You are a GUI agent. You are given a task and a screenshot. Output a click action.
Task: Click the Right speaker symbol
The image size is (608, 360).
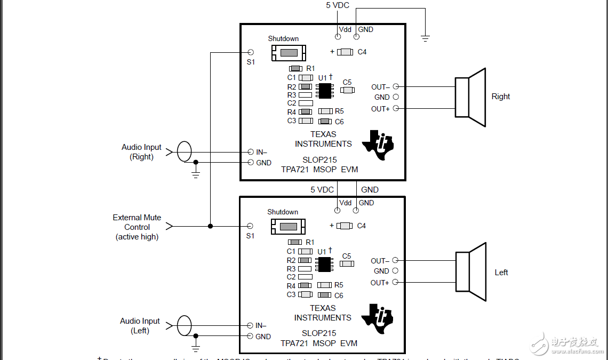coord(469,97)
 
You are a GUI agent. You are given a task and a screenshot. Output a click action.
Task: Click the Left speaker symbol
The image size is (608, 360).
coord(470,271)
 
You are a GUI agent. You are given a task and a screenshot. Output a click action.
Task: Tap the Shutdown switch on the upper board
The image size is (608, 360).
coord(289,52)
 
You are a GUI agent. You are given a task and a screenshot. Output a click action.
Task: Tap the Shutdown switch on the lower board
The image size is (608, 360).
coord(288,226)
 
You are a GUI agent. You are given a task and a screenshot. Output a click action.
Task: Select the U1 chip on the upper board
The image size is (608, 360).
coord(324,91)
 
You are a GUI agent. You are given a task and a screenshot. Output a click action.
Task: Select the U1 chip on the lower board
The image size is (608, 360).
coord(324,264)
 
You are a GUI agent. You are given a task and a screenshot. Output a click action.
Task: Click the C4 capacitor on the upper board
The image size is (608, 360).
coord(346,52)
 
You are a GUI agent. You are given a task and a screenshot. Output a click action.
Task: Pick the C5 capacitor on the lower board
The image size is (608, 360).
coord(347,263)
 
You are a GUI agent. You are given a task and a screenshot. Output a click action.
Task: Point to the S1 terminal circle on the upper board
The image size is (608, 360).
coord(251,52)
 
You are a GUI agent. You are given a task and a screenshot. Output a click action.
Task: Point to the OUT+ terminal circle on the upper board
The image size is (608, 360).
coord(396,109)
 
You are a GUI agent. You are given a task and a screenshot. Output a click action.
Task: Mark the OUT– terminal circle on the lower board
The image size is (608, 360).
coord(395,260)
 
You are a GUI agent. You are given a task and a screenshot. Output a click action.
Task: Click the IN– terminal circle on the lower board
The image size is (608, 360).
coord(250,325)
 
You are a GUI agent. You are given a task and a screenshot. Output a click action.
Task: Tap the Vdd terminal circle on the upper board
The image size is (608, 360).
coord(338,37)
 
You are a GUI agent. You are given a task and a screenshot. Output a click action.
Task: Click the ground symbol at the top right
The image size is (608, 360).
coord(425,38)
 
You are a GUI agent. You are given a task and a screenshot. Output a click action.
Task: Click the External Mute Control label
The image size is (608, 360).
coord(137,227)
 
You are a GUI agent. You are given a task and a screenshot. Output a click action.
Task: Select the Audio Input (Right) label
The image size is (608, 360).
coord(141,152)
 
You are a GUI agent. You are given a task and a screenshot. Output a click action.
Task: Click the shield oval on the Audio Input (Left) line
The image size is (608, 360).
coord(184,325)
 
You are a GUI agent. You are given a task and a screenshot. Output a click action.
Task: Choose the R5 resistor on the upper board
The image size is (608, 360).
coord(325,111)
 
